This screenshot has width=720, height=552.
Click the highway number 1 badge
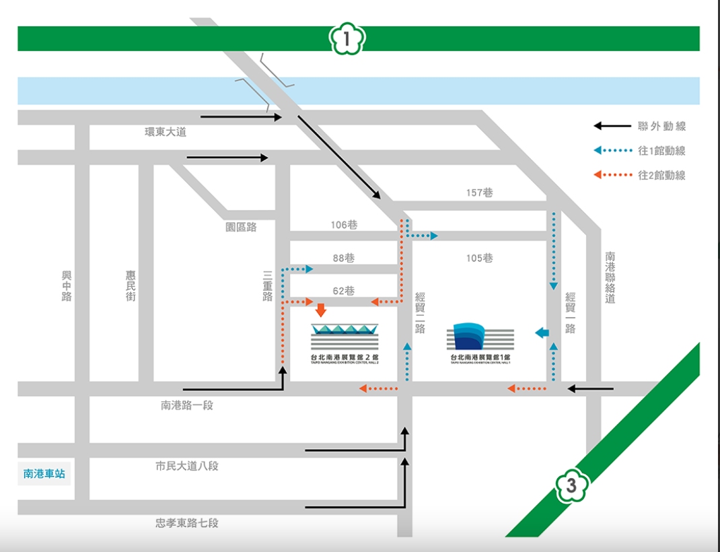pyautogui.click(x=347, y=39)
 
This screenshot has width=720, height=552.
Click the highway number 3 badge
pyautogui.click(x=571, y=485)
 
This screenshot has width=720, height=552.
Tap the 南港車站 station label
pyautogui.click(x=44, y=473)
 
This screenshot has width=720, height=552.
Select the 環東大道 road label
pyautogui.click(x=166, y=132)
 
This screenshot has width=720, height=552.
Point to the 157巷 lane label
pyautogui.click(x=479, y=193)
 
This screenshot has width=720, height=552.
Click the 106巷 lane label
pyautogui.click(x=344, y=225)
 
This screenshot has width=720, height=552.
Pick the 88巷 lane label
pyautogui.click(x=344, y=258)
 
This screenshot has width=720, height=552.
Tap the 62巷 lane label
pyautogui.click(x=344, y=291)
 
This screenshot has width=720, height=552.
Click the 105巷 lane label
pyautogui.click(x=479, y=258)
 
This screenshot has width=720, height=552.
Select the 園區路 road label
pyautogui.click(x=241, y=228)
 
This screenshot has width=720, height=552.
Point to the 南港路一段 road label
pyautogui.click(x=187, y=405)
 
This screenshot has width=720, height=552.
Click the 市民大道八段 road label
pyautogui.click(x=187, y=466)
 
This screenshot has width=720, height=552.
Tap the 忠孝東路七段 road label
pyautogui.click(x=187, y=522)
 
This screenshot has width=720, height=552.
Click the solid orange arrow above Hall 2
pyautogui.click(x=321, y=309)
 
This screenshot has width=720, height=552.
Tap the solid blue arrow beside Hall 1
pyautogui.click(x=542, y=332)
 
